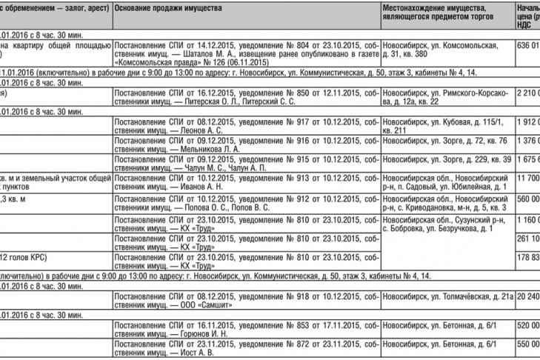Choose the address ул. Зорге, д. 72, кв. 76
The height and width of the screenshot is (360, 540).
tap(446, 140)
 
